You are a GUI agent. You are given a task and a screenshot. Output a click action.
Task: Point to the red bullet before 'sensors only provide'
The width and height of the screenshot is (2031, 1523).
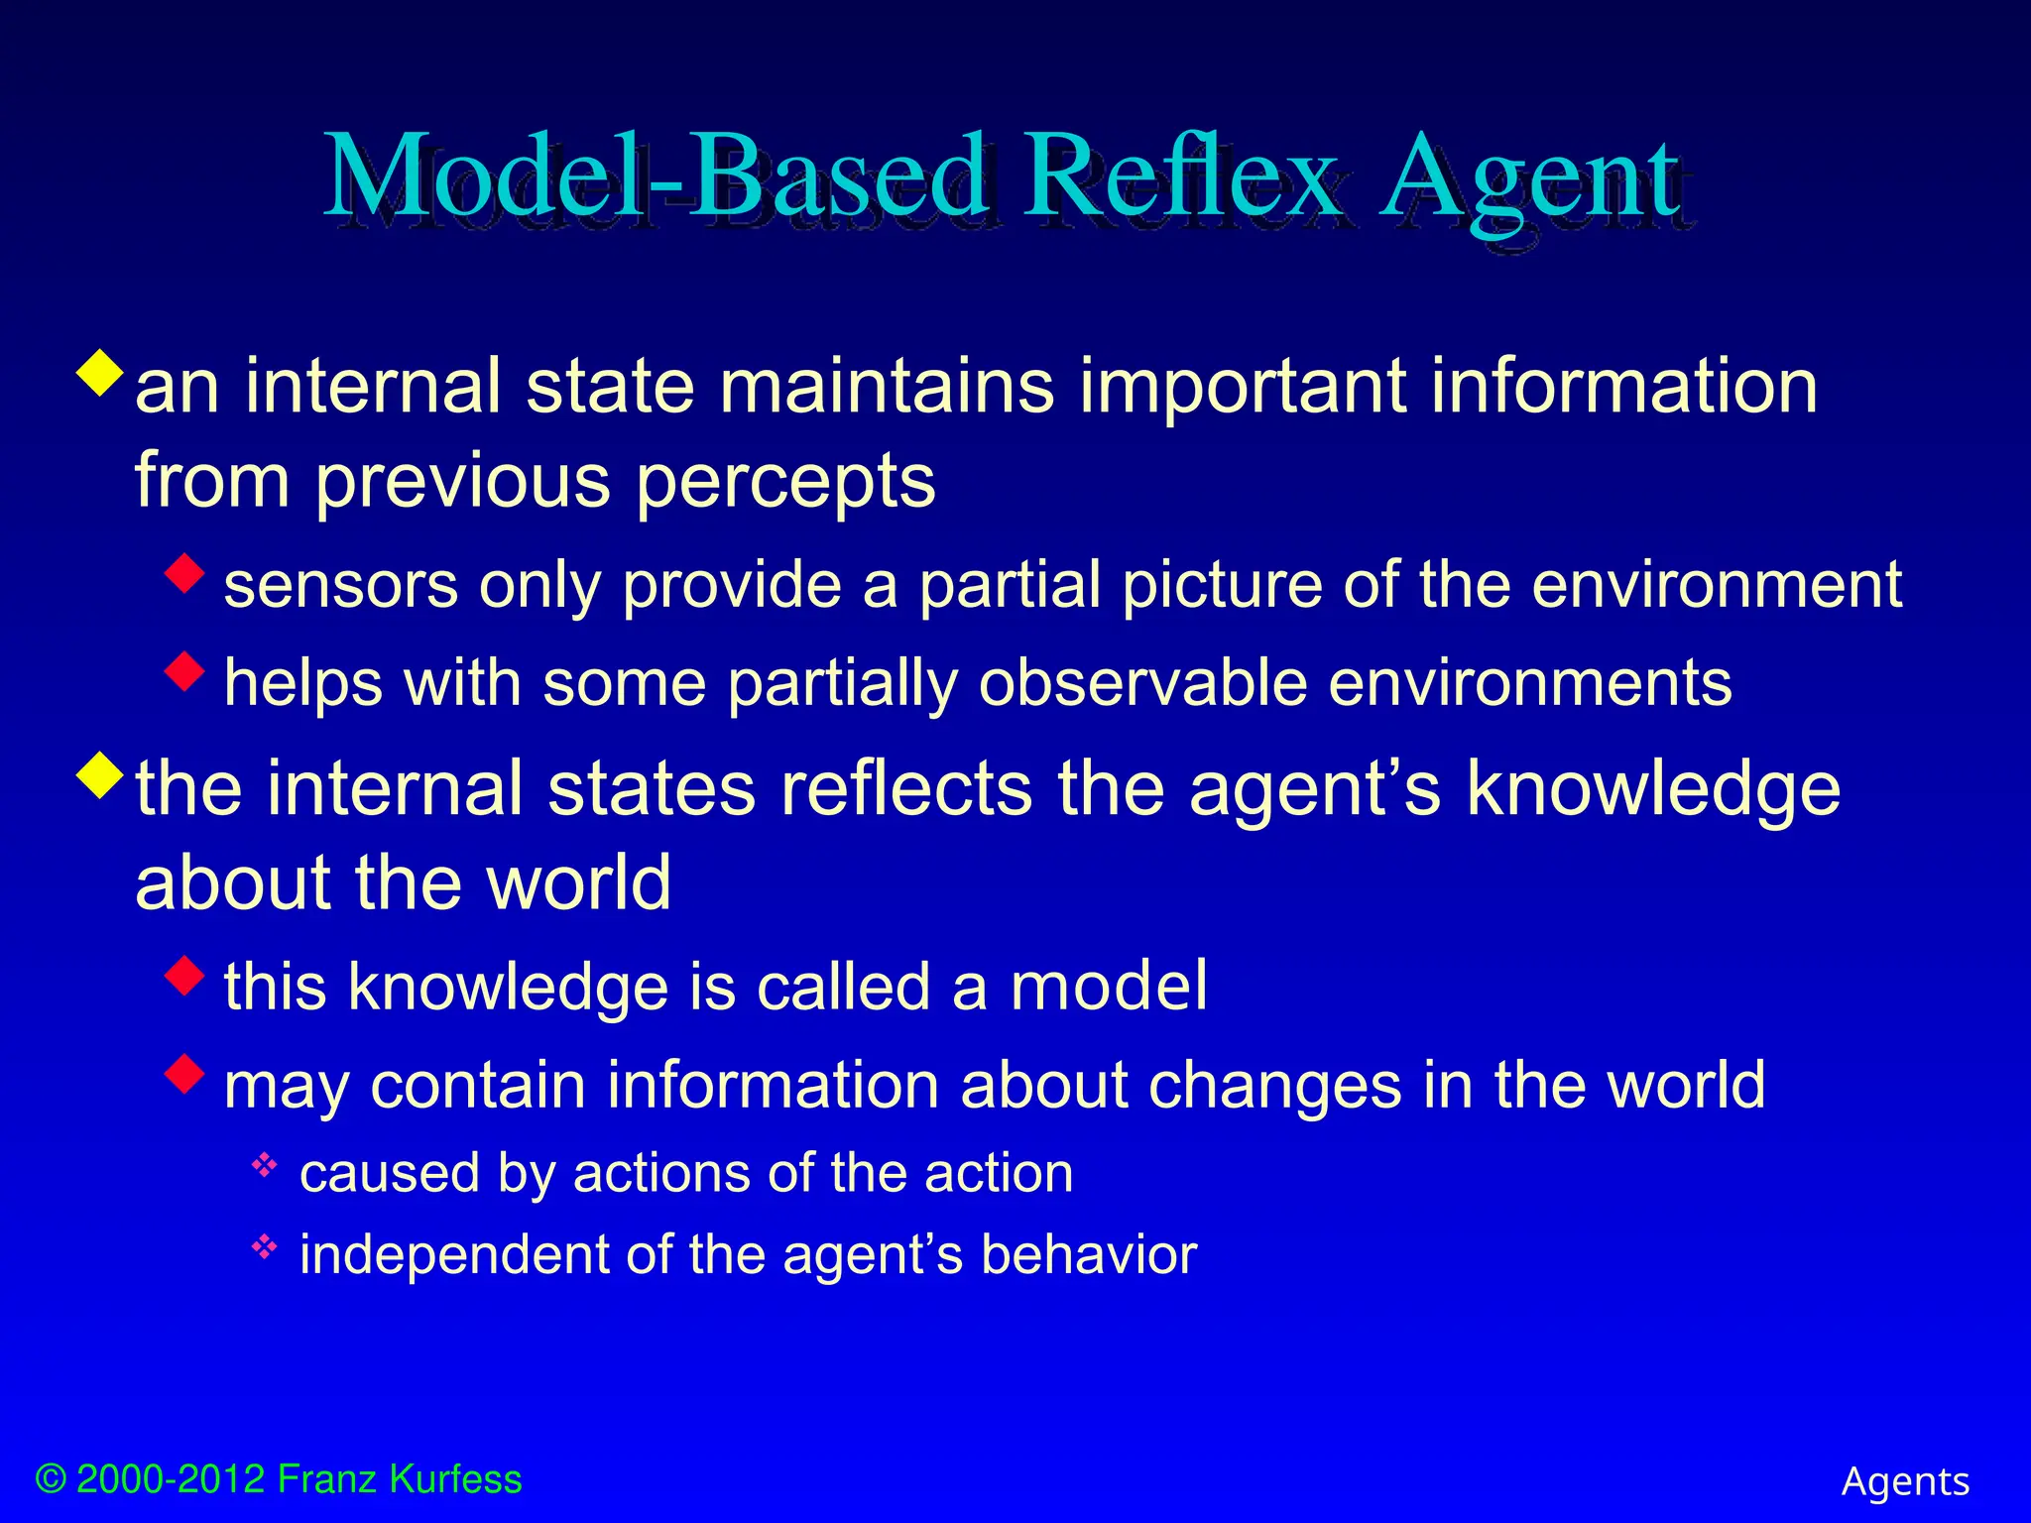pyautogui.click(x=184, y=573)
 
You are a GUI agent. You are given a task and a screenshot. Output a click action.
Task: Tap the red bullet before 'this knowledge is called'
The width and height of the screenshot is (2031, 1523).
pyautogui.click(x=184, y=975)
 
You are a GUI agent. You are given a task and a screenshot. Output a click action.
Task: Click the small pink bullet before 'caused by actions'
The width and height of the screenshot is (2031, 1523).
pyautogui.click(x=264, y=1165)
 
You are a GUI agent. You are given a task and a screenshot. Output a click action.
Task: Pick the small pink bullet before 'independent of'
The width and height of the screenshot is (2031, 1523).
pyautogui.click(x=264, y=1246)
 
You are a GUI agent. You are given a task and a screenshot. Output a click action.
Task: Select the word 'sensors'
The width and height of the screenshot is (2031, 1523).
pyautogui.click(x=340, y=585)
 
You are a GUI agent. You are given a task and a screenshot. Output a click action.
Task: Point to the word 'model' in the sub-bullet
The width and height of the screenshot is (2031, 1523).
pyautogui.click(x=1109, y=986)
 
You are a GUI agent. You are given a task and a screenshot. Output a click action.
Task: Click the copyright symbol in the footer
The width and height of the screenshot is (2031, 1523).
pyautogui.click(x=51, y=1479)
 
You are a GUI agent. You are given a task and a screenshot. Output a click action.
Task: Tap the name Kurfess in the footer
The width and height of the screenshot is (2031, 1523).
pyautogui.click(x=455, y=1479)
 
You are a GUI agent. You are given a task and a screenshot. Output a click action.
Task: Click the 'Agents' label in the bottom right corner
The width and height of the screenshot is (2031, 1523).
pyautogui.click(x=1905, y=1481)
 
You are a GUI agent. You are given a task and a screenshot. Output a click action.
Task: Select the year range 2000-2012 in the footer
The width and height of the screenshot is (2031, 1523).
pyautogui.click(x=171, y=1479)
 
